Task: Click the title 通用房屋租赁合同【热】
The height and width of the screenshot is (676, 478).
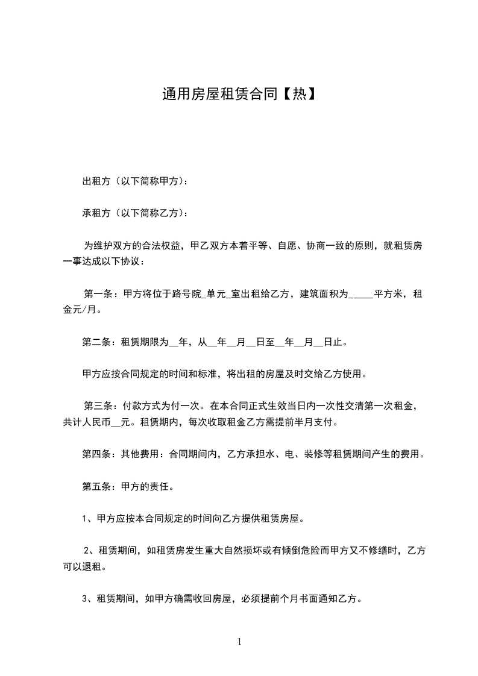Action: (x=239, y=94)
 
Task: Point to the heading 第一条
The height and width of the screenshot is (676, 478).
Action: (x=97, y=294)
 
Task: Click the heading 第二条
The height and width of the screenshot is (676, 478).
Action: (x=95, y=342)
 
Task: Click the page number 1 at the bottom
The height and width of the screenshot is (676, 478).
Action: (x=239, y=642)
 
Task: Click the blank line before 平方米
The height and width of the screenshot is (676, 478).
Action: (x=360, y=295)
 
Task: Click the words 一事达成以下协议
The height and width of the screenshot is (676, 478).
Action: (x=102, y=261)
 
